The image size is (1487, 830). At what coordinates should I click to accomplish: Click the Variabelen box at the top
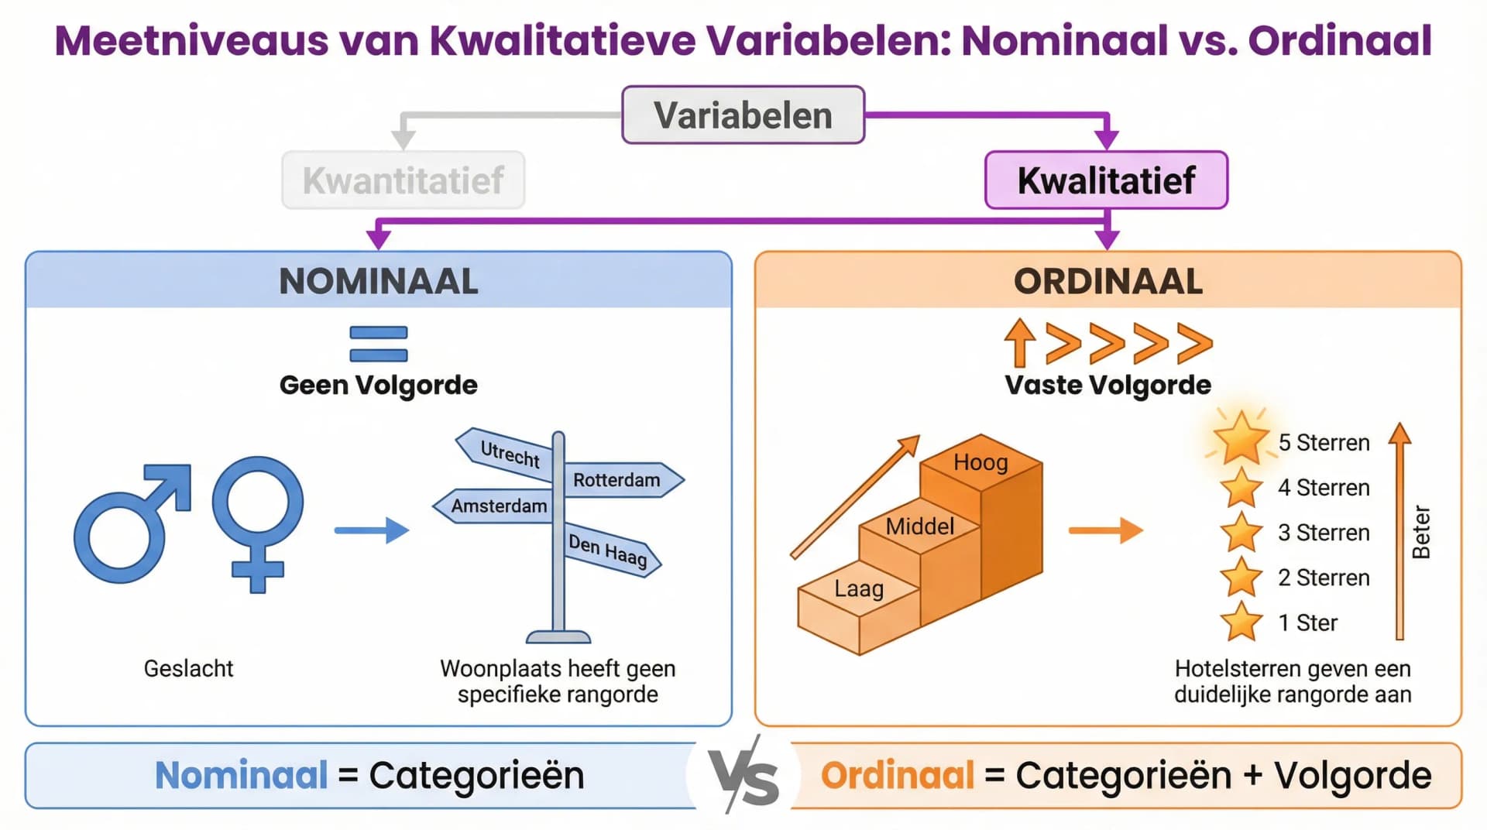(743, 115)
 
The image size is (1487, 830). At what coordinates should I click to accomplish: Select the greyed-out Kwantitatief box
(403, 180)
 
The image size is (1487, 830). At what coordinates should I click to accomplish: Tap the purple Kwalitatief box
(1106, 180)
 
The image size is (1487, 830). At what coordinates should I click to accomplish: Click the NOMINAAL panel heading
(379, 281)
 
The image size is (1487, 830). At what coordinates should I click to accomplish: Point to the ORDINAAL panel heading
(1108, 281)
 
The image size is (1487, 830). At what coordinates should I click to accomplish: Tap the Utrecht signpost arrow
(507, 453)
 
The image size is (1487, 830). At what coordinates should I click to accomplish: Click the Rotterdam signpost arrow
(620, 480)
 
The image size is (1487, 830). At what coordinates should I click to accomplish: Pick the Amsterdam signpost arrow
(496, 506)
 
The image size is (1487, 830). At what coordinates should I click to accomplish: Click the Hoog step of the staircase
(980, 463)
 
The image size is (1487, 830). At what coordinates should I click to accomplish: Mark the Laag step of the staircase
(859, 589)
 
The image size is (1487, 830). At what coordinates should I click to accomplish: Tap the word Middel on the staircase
(919, 526)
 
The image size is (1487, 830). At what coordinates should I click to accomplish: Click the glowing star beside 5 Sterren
(1241, 439)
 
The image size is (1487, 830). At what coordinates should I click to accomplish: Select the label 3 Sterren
(1324, 533)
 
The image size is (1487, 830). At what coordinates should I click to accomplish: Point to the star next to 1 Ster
(1241, 622)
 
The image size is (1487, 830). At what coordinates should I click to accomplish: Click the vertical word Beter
(1421, 532)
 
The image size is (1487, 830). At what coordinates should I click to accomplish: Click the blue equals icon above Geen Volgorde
(379, 344)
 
